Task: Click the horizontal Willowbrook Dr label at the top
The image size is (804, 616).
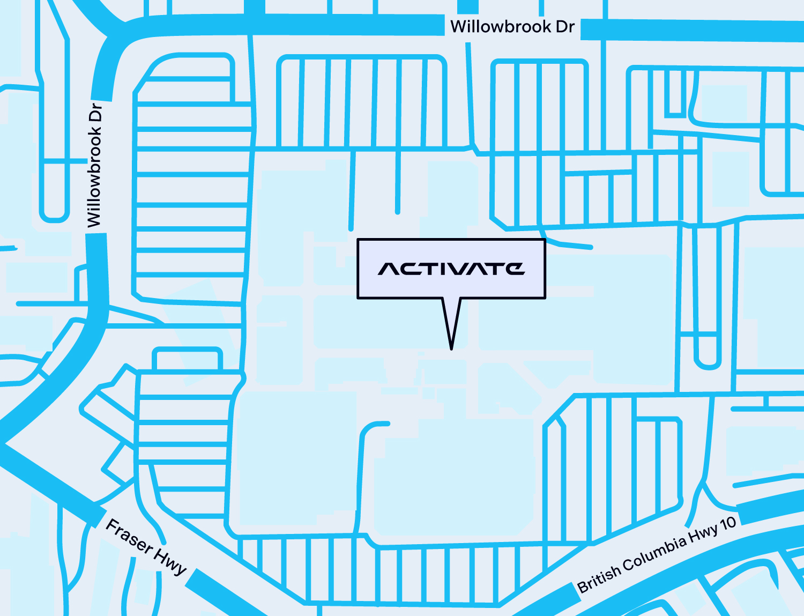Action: pyautogui.click(x=512, y=27)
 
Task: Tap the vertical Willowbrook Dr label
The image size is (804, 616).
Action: pyautogui.click(x=95, y=165)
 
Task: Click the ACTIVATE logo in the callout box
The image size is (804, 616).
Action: pyautogui.click(x=451, y=269)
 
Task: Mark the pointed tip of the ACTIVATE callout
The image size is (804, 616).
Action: pyautogui.click(x=451, y=348)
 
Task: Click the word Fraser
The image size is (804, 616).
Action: pyautogui.click(x=129, y=535)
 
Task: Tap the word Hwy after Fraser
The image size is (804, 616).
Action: pyautogui.click(x=170, y=561)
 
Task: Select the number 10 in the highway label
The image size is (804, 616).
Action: pyautogui.click(x=728, y=524)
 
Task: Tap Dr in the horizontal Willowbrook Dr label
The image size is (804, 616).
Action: pyautogui.click(x=564, y=27)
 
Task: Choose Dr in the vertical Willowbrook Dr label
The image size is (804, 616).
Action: pyautogui.click(x=95, y=113)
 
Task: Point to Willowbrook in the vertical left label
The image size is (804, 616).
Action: pyautogui.click(x=95, y=177)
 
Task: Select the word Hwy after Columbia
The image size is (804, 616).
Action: pyautogui.click(x=703, y=535)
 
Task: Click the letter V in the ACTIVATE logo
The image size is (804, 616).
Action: pyautogui.click(x=462, y=269)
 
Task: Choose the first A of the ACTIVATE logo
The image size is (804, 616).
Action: pyautogui.click(x=389, y=269)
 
